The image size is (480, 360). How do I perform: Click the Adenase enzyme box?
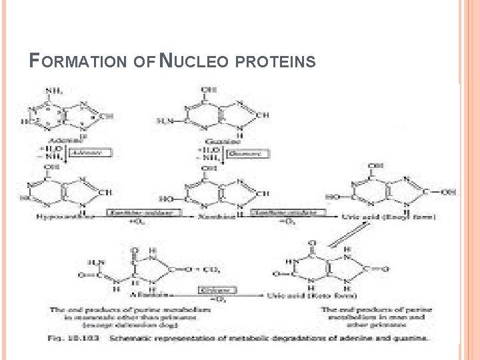pyautogui.click(x=93, y=153)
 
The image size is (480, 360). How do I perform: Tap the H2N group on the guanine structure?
pyautogui.click(x=165, y=120)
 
